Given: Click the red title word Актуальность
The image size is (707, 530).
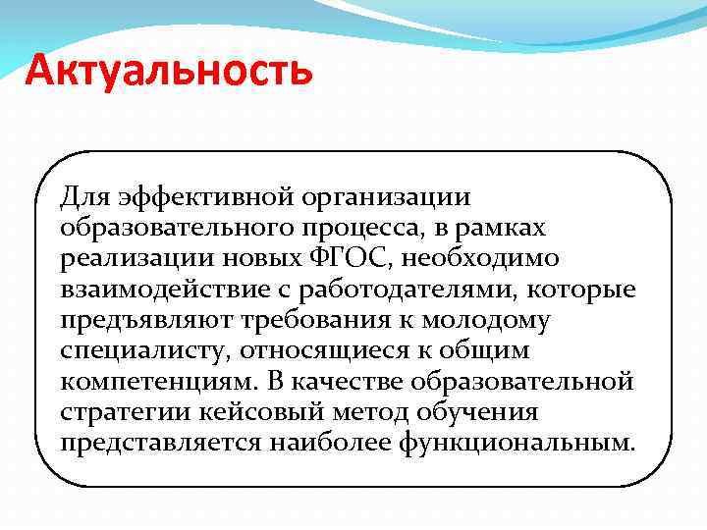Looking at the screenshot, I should [x=169, y=71].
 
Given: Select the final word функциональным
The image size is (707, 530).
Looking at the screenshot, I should [x=518, y=444].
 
